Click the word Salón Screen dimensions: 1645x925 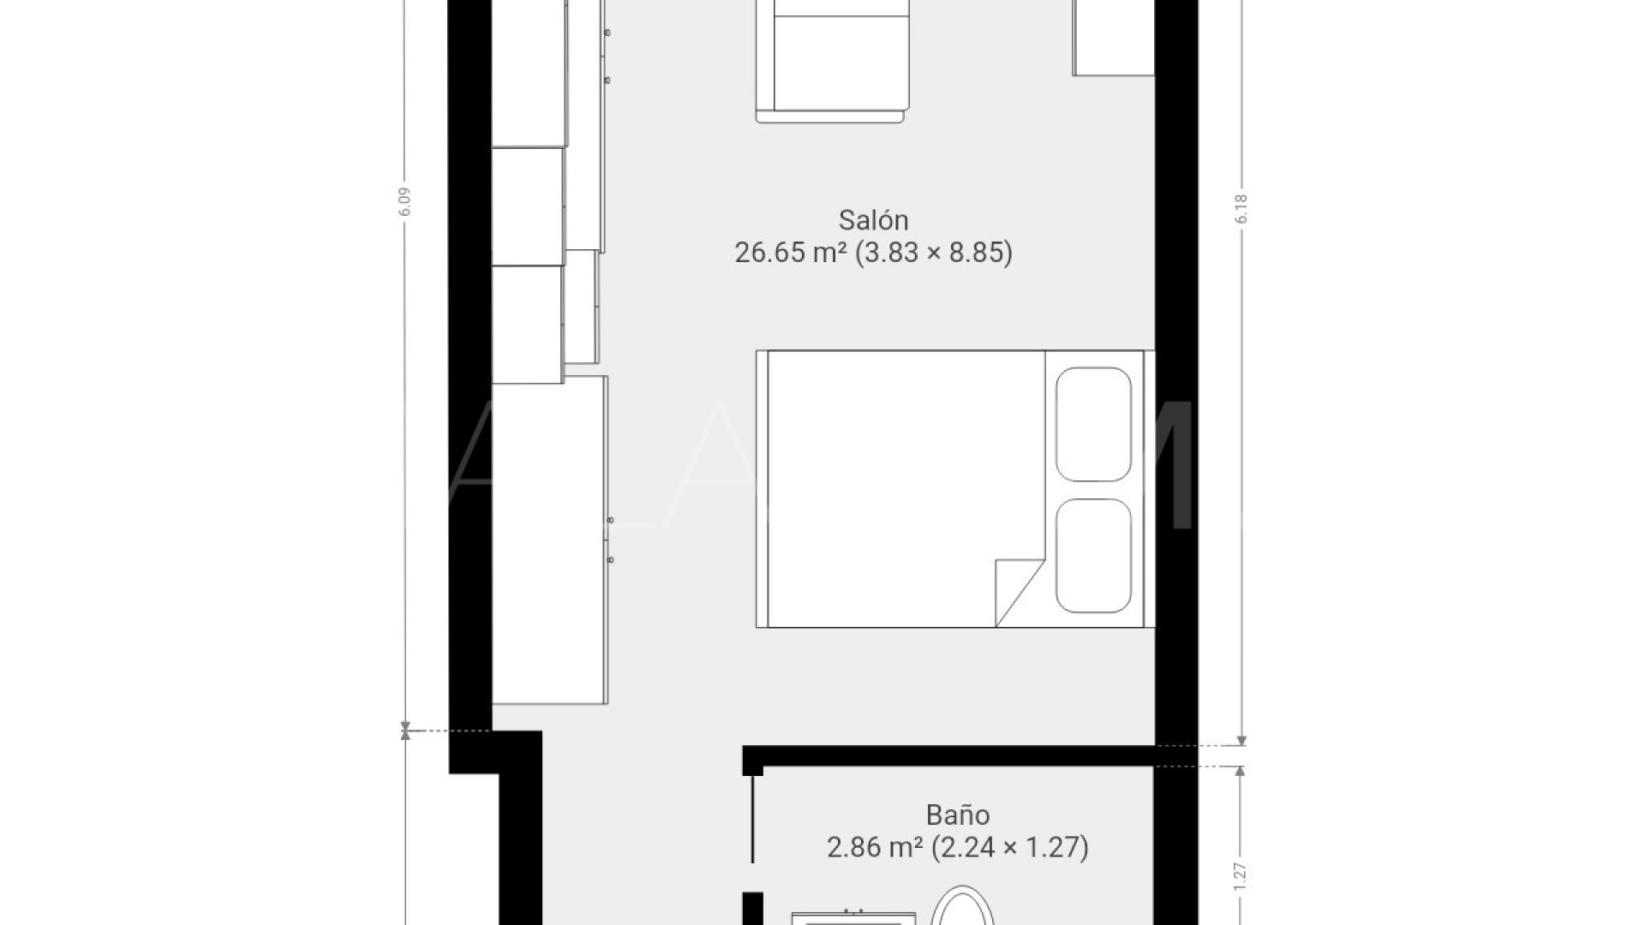tap(873, 221)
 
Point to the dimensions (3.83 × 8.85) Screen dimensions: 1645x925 tap(934, 254)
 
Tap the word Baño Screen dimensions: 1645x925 tap(958, 815)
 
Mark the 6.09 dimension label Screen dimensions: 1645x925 tap(405, 202)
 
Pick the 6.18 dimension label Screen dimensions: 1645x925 tap(1241, 209)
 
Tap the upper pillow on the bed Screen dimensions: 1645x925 tap(1094, 424)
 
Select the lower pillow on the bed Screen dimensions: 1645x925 tap(1094, 556)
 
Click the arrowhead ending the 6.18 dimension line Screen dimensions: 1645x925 tap(1242, 741)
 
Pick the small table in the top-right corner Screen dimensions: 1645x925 tap(1113, 38)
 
